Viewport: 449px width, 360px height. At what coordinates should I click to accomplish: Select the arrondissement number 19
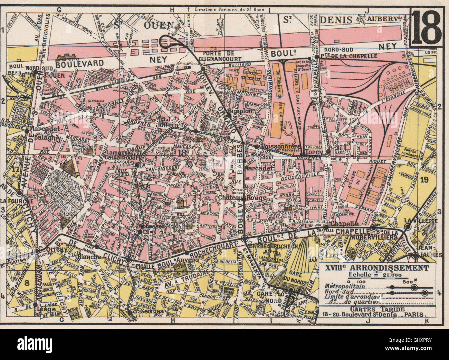tap(424, 179)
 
